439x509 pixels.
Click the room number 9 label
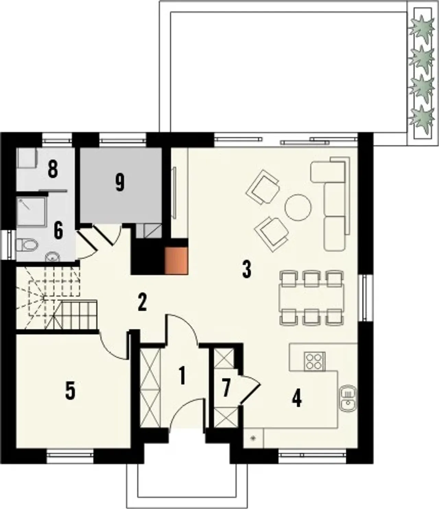pos(120,184)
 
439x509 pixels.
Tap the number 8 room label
pos(53,170)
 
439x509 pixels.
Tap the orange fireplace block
pos(177,261)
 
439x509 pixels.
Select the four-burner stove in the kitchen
pos(315,362)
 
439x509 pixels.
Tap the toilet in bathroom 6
pos(27,245)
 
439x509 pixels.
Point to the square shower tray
pos(32,212)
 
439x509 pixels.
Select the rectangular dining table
pos(311,297)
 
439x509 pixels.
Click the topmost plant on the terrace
pos(422,28)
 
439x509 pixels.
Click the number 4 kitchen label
pos(297,399)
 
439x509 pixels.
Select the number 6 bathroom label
pos(58,231)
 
